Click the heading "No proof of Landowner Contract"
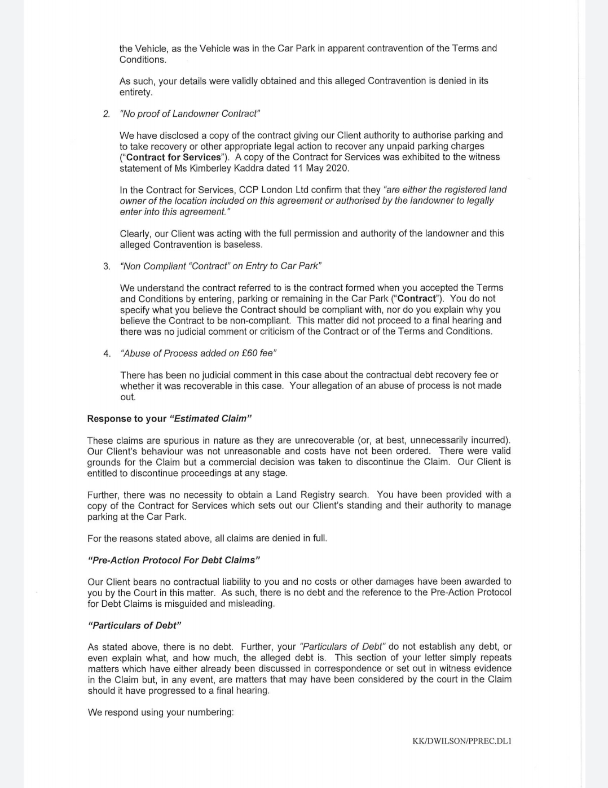(190, 113)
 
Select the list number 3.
(107, 266)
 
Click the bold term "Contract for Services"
(173, 157)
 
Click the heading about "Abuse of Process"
(198, 353)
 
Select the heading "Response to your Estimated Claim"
(169, 418)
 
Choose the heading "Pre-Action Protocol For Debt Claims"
(174, 560)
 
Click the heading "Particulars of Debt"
(134, 625)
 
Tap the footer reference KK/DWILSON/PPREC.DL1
(461, 741)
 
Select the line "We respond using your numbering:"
(160, 712)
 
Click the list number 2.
(107, 114)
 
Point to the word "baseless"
(243, 244)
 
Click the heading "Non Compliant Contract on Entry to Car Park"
(221, 266)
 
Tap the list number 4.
(107, 353)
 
